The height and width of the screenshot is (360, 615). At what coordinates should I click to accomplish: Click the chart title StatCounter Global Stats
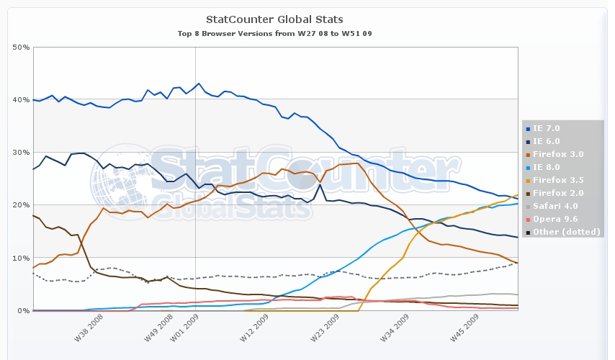(274, 19)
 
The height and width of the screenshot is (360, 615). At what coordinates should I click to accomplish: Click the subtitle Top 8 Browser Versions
(274, 33)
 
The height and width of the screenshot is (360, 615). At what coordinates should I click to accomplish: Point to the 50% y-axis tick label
(21, 48)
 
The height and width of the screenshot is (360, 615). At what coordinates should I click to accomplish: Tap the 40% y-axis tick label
(21, 100)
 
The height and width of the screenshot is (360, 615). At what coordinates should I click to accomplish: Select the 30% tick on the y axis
(21, 153)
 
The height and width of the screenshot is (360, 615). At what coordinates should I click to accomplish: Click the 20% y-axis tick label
(21, 205)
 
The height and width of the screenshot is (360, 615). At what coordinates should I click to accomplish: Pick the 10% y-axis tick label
(21, 258)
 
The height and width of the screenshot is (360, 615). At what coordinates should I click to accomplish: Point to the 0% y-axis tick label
(23, 310)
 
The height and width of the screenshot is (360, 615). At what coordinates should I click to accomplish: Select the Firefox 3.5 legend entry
(559, 180)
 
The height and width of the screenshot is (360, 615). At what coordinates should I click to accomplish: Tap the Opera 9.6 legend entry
(555, 219)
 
